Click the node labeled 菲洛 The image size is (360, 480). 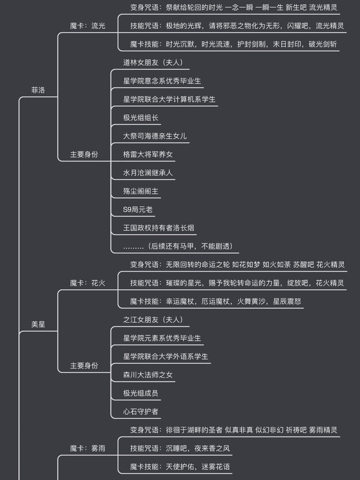tap(38, 90)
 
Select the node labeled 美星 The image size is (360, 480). tap(38, 325)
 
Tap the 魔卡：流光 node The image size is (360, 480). tap(87, 26)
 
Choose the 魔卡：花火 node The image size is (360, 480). tap(87, 283)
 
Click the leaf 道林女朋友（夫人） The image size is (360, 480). tap(153, 62)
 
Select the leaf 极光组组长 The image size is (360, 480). tap(141, 118)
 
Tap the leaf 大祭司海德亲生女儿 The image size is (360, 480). tap(155, 136)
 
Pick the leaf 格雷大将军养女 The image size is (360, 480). tap(148, 154)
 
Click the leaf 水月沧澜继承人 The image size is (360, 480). tap(148, 173)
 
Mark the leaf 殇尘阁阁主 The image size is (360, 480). tap(141, 191)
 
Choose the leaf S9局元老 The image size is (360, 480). tap(138, 209)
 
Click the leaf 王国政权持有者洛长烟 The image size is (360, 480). tap(159, 228)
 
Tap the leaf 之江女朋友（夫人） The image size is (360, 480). tap(153, 320)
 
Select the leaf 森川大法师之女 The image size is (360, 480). tap(148, 375)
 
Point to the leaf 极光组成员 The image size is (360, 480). tap(141, 393)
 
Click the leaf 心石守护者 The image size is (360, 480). tap(141, 411)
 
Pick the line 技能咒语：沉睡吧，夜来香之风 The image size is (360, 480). tap(180, 448)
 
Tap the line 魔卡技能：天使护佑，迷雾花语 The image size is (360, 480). tap(180, 466)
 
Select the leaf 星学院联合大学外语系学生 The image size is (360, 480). tap(166, 356)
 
